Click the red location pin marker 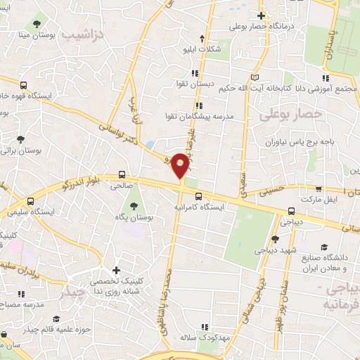coord(181,165)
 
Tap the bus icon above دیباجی coord(291,210)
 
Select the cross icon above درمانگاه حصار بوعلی coord(261,15)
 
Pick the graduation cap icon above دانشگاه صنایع coord(324,246)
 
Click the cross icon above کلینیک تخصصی coord(117,270)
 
